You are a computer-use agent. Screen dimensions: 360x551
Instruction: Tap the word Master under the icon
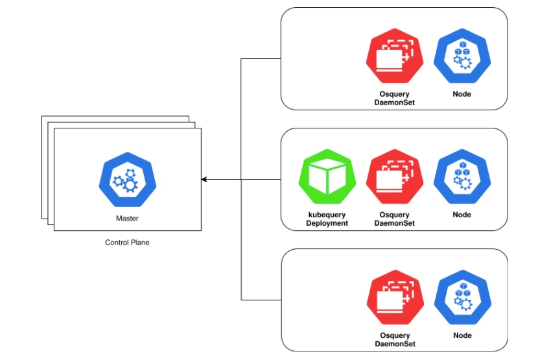pos(127,219)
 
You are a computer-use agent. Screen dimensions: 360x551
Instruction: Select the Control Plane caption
pos(127,243)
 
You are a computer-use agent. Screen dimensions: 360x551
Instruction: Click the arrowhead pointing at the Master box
pos(205,179)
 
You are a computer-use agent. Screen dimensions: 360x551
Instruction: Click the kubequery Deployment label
pos(327,219)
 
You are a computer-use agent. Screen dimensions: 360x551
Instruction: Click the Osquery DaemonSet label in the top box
pos(395,99)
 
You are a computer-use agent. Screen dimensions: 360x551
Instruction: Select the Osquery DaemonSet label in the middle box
pos(395,219)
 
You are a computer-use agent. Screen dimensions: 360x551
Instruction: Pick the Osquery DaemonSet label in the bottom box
pos(395,340)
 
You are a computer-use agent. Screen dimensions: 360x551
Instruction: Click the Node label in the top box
pos(462,95)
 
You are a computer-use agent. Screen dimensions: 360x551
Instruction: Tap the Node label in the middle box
pos(462,215)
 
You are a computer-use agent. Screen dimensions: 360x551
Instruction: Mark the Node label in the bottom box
pos(462,336)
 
